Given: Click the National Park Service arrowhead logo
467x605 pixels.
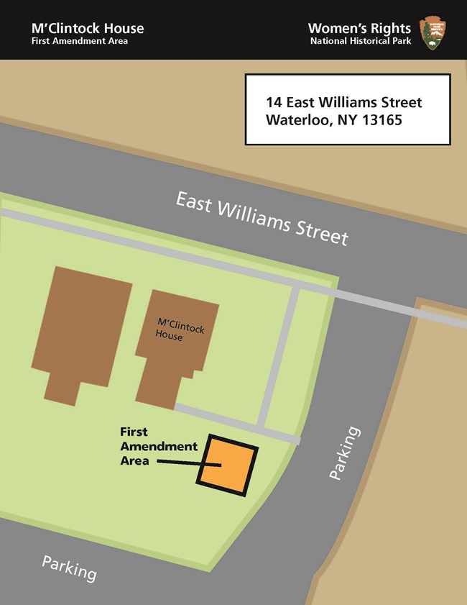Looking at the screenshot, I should tap(433, 32).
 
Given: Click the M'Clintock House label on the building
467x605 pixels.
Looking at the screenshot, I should tap(180, 332).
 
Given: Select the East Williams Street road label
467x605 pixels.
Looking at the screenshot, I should tap(262, 217).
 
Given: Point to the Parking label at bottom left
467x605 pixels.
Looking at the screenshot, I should tap(69, 568).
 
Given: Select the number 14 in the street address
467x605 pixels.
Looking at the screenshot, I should tap(274, 102).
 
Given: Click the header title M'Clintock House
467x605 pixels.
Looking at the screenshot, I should tap(88, 28).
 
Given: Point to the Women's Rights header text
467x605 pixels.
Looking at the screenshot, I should tap(359, 28).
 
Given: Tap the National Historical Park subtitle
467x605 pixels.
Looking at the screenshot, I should tap(361, 41).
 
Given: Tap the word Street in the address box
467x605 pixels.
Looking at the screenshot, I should tap(399, 102).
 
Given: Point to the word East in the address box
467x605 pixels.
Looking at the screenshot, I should tap(302, 102).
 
